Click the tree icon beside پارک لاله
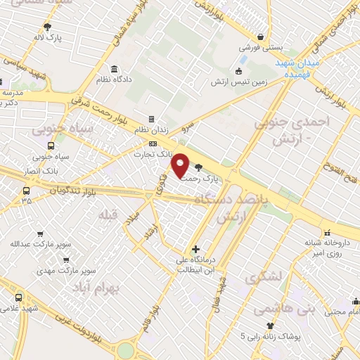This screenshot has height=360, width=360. (48, 26)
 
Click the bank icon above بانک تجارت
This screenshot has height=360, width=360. (143, 144)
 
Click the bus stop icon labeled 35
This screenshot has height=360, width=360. (26, 191)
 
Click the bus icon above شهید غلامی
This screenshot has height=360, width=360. (18, 297)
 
